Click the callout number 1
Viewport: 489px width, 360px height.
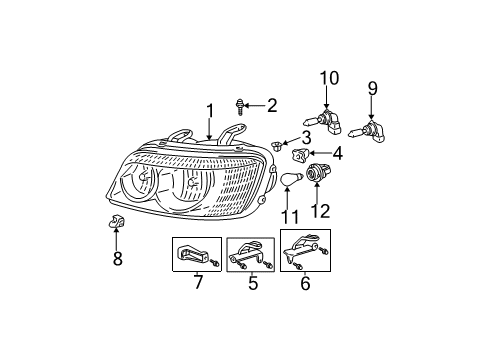click(x=210, y=111)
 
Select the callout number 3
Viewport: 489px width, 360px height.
click(x=307, y=138)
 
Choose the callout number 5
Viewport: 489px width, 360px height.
click(x=252, y=284)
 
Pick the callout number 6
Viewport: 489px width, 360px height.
click(x=306, y=284)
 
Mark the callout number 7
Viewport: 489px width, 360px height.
click(x=196, y=284)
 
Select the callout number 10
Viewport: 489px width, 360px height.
click(x=329, y=78)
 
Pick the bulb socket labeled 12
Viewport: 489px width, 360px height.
click(x=323, y=172)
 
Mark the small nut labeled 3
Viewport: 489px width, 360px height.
click(x=277, y=146)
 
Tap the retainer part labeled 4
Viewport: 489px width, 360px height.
click(x=301, y=155)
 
